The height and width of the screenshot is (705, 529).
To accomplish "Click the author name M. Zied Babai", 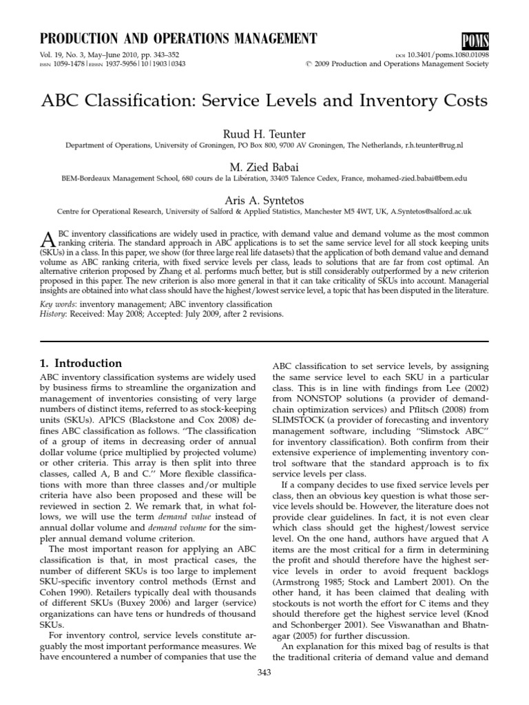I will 264,166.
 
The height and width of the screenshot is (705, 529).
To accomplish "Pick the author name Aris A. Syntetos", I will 264,199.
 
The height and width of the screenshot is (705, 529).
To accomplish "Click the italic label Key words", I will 57,304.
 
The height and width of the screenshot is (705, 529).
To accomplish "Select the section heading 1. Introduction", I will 81,364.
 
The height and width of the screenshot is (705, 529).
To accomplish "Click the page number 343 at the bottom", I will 264,692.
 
